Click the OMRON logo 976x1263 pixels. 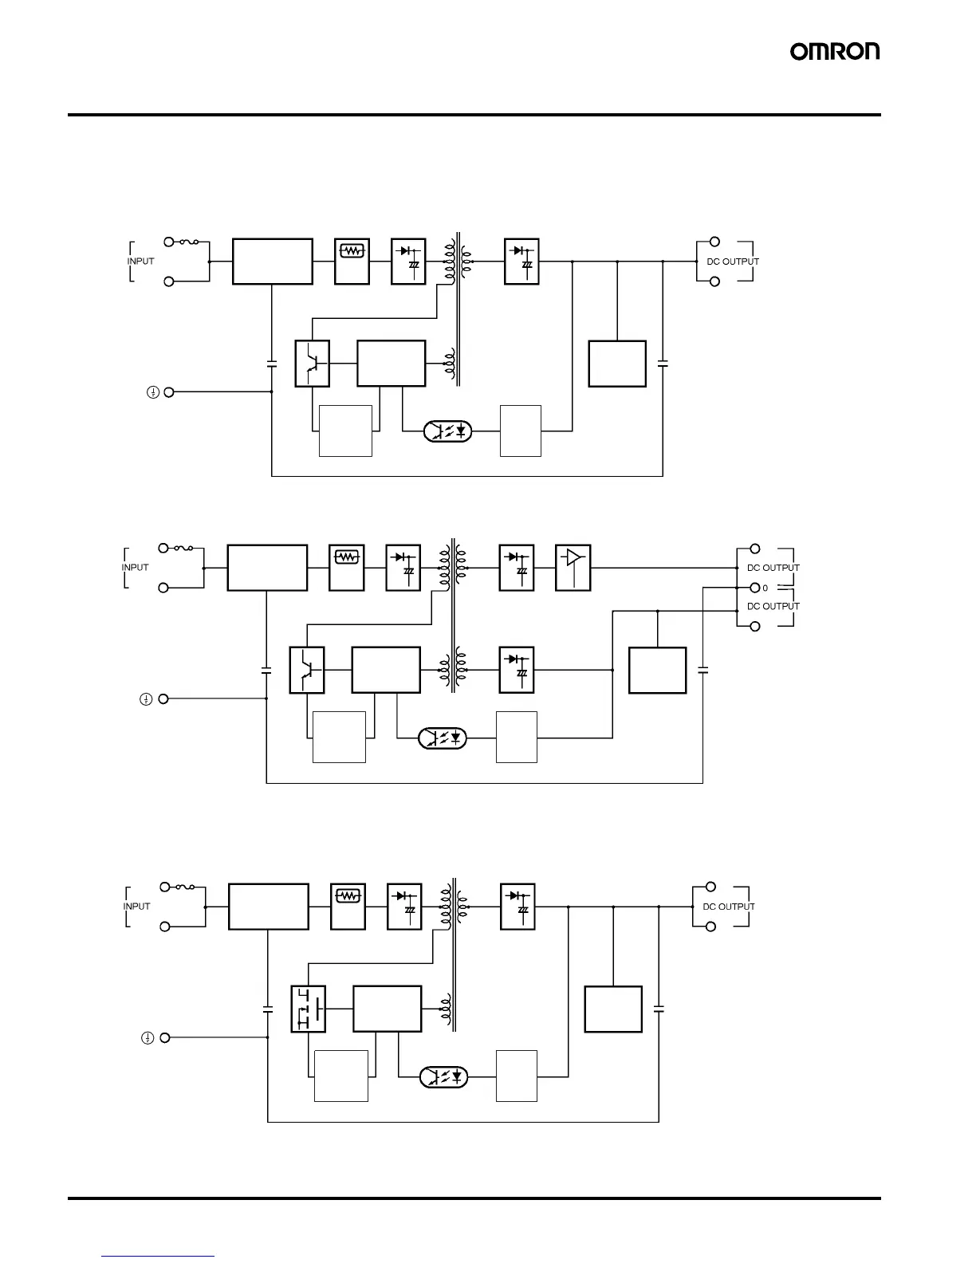pos(835,52)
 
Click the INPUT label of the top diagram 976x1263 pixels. pos(141,262)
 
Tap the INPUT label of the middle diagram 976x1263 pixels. pos(136,568)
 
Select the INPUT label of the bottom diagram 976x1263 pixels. pos(137,907)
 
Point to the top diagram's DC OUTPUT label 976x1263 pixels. pos(733,262)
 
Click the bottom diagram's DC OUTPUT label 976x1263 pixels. pos(729,907)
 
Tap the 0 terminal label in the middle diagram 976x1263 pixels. pos(765,588)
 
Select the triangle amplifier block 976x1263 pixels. pos(573,568)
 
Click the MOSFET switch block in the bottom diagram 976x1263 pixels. pos(309,1009)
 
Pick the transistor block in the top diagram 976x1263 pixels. pos(313,364)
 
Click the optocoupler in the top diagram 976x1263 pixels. pos(448,431)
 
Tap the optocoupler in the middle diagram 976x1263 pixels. pos(443,738)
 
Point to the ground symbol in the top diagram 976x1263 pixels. pos(152,392)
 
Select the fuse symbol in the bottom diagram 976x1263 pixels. pos(185,887)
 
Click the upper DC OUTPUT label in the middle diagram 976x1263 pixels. pos(773,568)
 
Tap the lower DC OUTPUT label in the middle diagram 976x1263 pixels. pos(773,606)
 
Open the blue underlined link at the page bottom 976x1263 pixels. pos(159,1256)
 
